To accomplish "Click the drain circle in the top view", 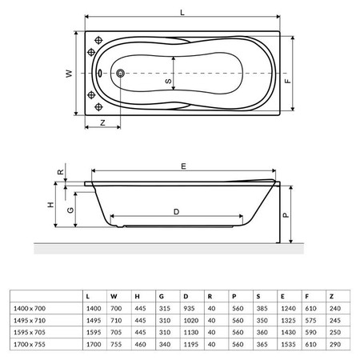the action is click(x=120, y=73).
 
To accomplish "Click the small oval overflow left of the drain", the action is click(x=99, y=73).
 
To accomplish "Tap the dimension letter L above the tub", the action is click(x=182, y=13).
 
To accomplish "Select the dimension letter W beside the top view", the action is click(x=69, y=74).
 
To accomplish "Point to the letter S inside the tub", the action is click(x=168, y=81).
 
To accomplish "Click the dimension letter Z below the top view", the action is click(x=102, y=123).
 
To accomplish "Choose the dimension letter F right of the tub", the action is click(x=288, y=81).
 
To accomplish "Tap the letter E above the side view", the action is click(x=183, y=166).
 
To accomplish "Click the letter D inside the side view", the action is click(x=176, y=212).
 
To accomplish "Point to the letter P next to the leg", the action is click(x=286, y=215).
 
